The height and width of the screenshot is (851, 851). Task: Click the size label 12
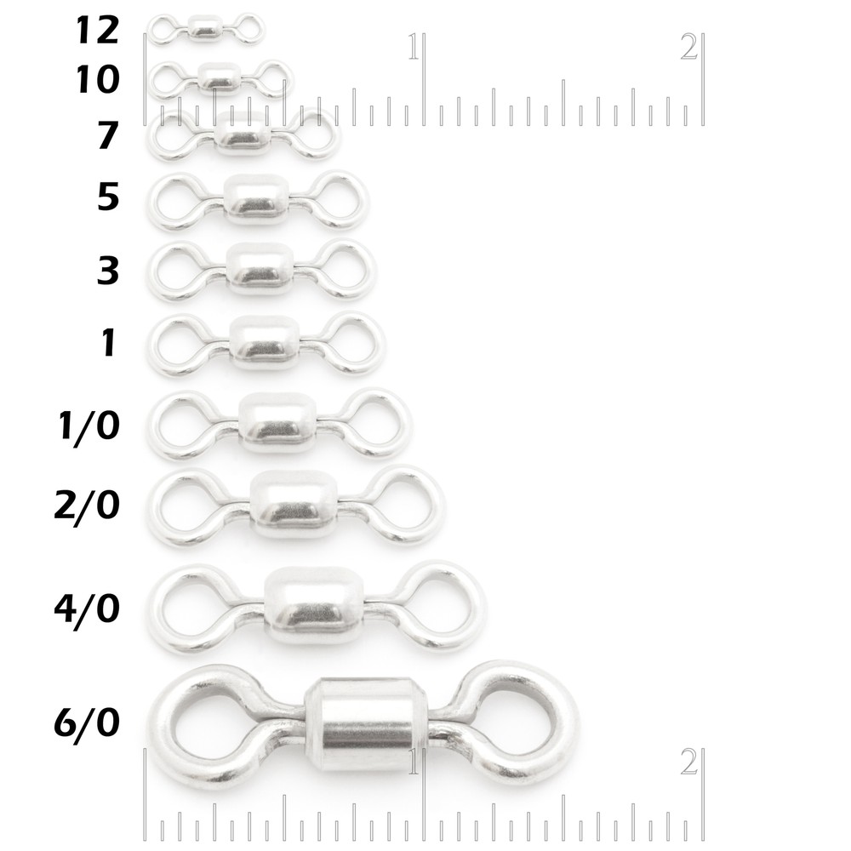click(x=97, y=31)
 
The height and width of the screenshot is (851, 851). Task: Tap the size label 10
click(x=97, y=80)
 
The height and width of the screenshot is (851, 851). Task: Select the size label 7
click(x=107, y=136)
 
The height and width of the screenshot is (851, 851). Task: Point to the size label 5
click(x=107, y=197)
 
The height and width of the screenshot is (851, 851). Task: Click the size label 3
click(x=107, y=271)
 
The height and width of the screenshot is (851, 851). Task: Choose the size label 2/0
click(x=85, y=505)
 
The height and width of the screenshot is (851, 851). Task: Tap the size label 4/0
click(x=85, y=608)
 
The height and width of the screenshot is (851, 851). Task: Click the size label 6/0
click(x=85, y=723)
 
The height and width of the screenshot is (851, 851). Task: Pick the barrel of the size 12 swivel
click(x=204, y=28)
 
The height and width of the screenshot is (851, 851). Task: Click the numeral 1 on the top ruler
click(x=414, y=47)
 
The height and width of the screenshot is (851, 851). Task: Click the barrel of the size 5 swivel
click(x=256, y=200)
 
